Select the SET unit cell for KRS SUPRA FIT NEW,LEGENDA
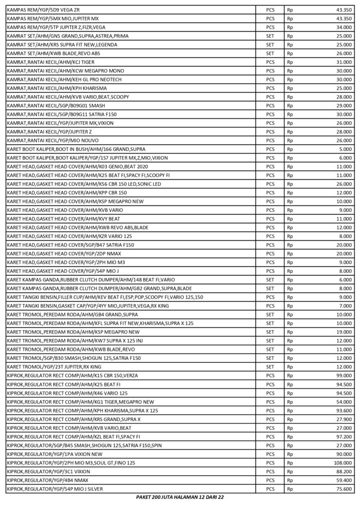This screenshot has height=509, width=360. (x=270, y=44)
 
